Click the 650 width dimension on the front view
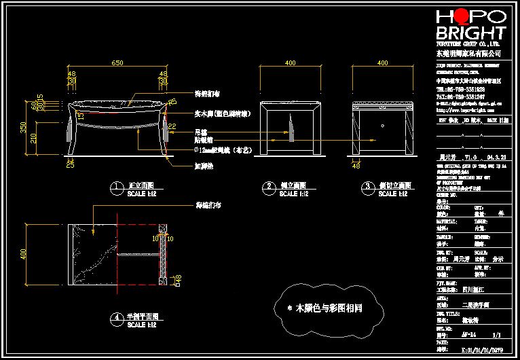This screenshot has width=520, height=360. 117,63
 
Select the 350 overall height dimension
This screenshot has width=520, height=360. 23,127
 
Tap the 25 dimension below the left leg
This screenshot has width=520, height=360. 70,164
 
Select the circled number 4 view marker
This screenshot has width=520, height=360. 117,317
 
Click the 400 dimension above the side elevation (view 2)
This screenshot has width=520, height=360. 290,63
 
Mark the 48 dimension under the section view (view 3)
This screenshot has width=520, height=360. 356,164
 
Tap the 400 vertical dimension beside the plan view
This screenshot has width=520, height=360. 23,254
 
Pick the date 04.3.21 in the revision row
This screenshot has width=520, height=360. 496,156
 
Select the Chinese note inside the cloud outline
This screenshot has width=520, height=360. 325,308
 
